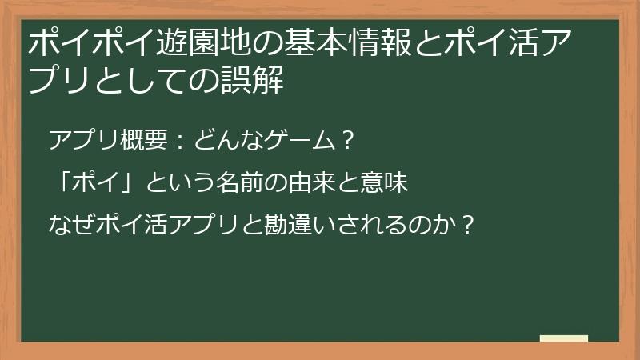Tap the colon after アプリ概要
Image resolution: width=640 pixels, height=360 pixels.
pos(179,142)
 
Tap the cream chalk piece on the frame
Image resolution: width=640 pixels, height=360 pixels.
pos(563,338)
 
